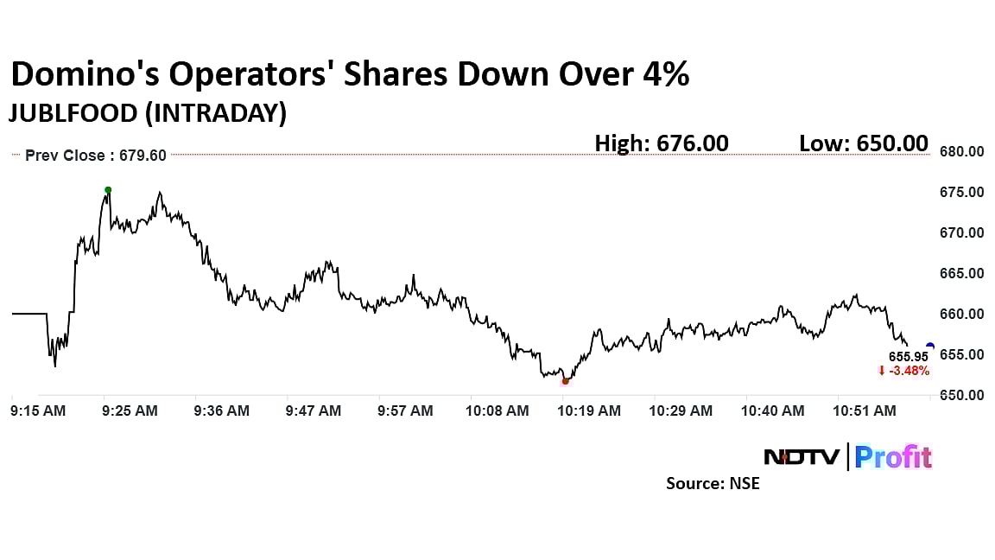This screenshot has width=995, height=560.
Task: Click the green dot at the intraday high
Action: (x=108, y=190)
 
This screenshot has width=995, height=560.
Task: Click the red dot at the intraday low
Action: (x=566, y=381)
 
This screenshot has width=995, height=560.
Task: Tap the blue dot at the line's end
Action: (x=929, y=347)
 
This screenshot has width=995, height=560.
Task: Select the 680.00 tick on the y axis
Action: (x=963, y=152)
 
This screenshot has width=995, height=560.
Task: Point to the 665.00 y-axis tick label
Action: (x=963, y=274)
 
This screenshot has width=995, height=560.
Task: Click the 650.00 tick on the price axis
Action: (x=963, y=396)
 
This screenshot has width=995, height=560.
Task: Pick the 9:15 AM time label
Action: (x=38, y=411)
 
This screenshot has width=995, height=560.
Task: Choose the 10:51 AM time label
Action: (x=867, y=411)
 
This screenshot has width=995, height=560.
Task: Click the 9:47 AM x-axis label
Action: (x=313, y=411)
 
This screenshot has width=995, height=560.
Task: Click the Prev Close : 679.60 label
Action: (x=95, y=156)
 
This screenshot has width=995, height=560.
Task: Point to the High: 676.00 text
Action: (x=662, y=143)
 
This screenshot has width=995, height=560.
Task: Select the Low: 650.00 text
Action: (x=864, y=143)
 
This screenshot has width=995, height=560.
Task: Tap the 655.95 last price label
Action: (x=909, y=356)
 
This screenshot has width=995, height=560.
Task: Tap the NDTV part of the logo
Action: (x=802, y=456)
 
